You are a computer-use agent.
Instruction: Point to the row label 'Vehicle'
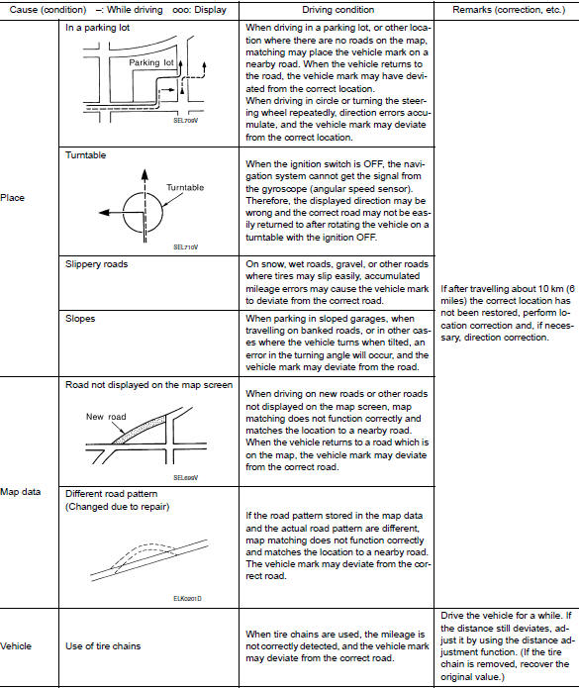coord(17,645)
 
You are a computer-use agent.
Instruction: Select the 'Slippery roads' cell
coord(97,264)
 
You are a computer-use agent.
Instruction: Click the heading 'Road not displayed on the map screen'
coord(147,384)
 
